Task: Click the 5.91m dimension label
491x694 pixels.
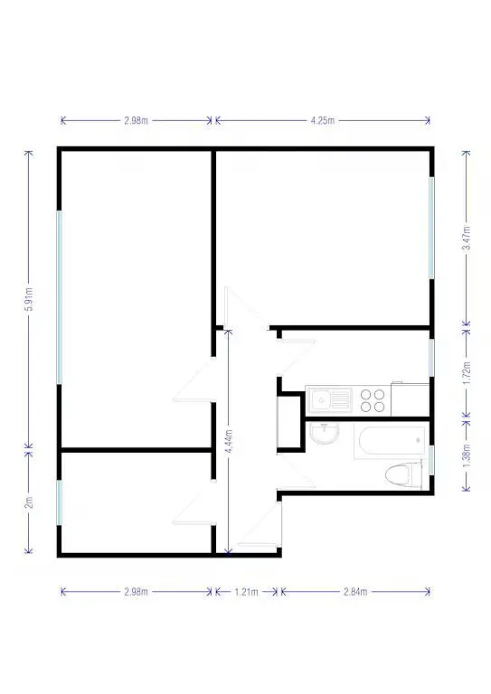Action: point(29,299)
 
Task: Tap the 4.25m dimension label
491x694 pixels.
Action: point(322,120)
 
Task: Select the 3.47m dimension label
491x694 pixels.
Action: point(467,238)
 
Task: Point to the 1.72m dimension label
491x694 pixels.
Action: point(467,373)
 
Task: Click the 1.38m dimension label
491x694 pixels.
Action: point(467,455)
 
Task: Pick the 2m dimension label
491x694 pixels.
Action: point(29,502)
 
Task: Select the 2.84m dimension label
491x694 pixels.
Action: point(355,592)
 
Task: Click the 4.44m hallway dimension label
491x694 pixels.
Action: point(229,441)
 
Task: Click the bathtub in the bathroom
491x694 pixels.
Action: point(390,441)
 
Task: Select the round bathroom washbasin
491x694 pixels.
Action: point(324,433)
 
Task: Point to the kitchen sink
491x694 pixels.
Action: point(329,400)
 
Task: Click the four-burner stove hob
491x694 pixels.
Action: point(373,400)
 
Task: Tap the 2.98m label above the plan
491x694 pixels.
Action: point(136,120)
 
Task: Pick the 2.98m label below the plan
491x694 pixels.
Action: point(136,592)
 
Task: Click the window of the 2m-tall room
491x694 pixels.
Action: point(60,502)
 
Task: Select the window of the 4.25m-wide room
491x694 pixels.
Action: point(431,228)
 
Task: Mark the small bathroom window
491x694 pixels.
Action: point(431,460)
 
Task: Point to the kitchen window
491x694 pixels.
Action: point(431,358)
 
